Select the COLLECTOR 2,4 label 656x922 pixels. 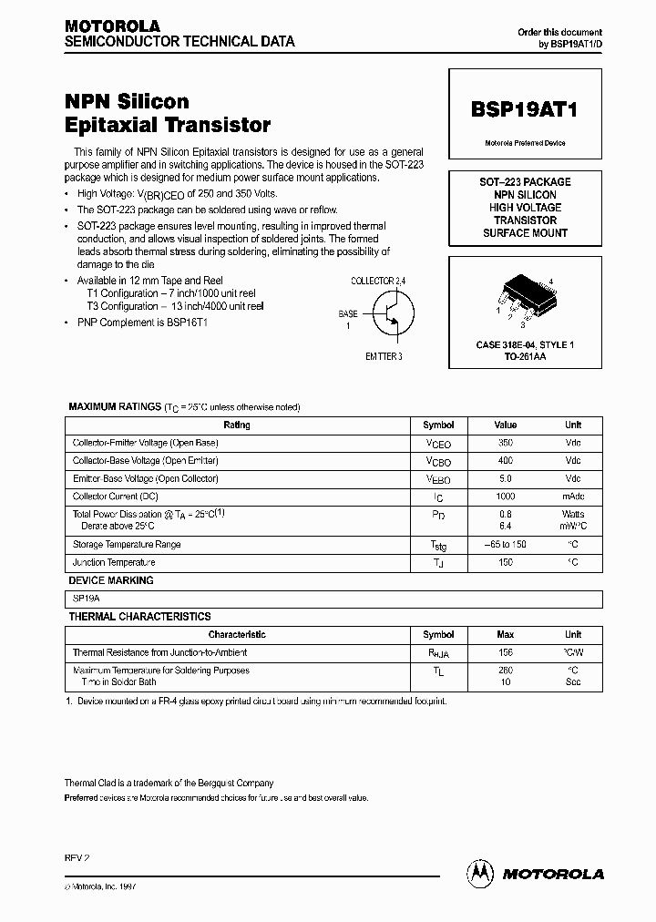(x=384, y=281)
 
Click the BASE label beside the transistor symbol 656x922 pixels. (x=348, y=312)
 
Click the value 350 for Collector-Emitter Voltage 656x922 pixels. (x=505, y=443)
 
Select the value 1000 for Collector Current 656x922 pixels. (x=505, y=497)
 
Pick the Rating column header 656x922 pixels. (x=237, y=425)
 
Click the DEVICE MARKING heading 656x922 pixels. (x=111, y=580)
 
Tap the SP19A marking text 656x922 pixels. (x=88, y=599)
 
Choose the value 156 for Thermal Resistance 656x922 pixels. (x=505, y=652)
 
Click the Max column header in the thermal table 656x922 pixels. (x=505, y=634)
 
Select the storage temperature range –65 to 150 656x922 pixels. (x=505, y=544)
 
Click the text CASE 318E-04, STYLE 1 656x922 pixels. (x=525, y=345)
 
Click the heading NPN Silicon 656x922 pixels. (x=127, y=102)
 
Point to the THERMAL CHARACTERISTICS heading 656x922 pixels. (x=140, y=617)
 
